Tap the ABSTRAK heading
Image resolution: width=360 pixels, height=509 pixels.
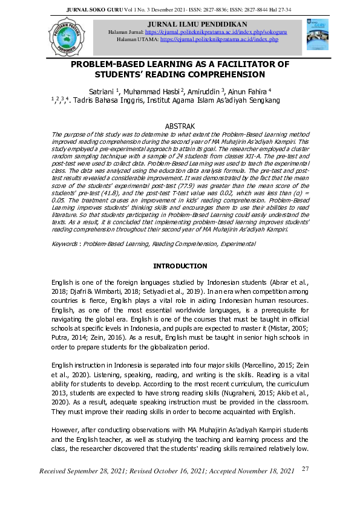pyautogui.click(x=180, y=126)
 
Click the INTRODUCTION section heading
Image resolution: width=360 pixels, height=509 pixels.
pyautogui.click(x=180, y=267)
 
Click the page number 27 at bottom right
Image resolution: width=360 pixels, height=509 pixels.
pyautogui.click(x=305, y=469)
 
